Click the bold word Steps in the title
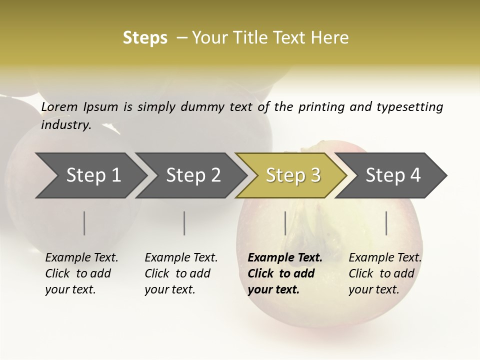[145, 38]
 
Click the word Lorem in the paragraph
[59, 106]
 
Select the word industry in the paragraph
[65, 124]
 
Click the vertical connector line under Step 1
[84, 223]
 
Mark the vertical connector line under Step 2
[184, 223]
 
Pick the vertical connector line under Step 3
[285, 223]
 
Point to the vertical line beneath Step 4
[386, 223]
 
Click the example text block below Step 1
[81, 273]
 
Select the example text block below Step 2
[181, 273]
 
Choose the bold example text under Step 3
[285, 273]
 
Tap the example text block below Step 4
[385, 273]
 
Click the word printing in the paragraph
[321, 107]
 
